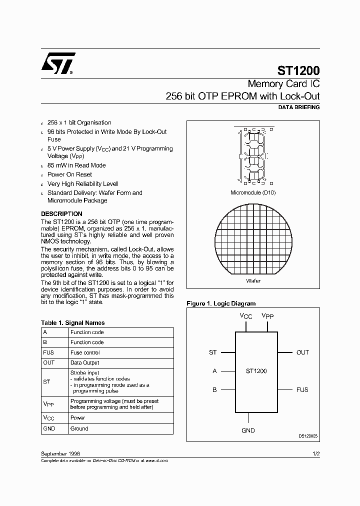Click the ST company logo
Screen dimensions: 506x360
[x=58, y=63]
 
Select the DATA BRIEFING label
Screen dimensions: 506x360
[x=298, y=107]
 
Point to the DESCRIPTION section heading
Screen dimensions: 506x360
[x=61, y=213]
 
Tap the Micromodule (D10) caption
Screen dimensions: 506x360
[x=252, y=192]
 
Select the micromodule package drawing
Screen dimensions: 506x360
[x=253, y=155]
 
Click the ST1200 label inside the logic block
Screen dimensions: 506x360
[x=256, y=371]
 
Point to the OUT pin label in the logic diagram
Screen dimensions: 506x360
[x=302, y=352]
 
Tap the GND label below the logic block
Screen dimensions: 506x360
[x=248, y=430]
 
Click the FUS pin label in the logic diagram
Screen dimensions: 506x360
[x=302, y=390]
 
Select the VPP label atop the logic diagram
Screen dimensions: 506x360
[x=267, y=317]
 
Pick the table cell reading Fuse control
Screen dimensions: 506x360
[x=85, y=352]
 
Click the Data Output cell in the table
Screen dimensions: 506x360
[x=84, y=362]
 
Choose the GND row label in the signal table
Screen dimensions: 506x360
[x=49, y=428]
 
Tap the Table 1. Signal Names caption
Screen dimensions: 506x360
[x=72, y=323]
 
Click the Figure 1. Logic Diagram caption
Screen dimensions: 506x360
[x=220, y=303]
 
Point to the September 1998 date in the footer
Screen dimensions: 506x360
[x=60, y=453]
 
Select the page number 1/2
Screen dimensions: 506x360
[x=315, y=453]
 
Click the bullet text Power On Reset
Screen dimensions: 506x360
[x=69, y=174]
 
